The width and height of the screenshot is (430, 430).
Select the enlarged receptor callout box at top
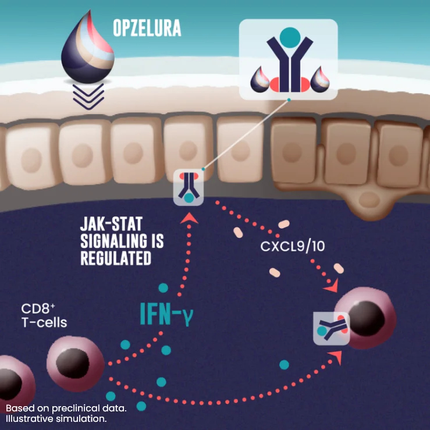point(289,59)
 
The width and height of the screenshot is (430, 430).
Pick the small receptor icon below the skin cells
point(190,187)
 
